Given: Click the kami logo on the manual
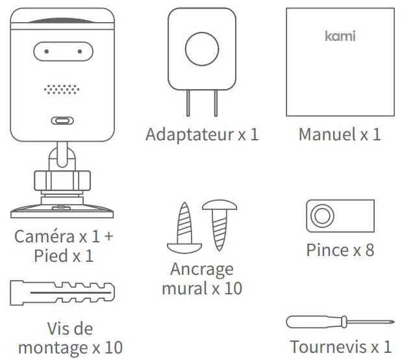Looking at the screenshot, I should click(340, 36).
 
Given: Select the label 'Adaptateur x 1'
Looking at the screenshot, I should click(202, 135).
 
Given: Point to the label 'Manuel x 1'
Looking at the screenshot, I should click(340, 135).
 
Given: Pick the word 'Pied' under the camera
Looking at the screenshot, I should click(50, 255).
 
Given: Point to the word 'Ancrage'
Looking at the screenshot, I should click(201, 268).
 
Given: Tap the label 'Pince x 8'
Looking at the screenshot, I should click(340, 250).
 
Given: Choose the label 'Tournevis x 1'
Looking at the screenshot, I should click(340, 346).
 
